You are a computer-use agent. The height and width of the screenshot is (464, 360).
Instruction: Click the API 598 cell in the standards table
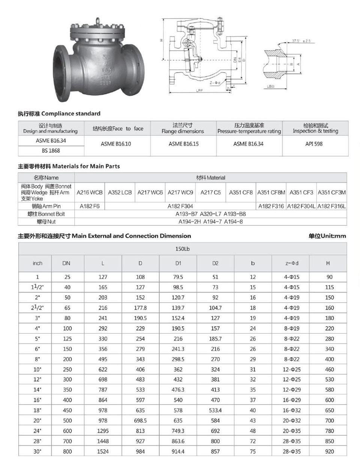(314, 144)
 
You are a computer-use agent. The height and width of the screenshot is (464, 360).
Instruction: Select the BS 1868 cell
(51, 150)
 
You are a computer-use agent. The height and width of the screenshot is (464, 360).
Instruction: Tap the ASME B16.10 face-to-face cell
(116, 144)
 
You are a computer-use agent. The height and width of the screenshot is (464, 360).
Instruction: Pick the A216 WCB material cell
(90, 192)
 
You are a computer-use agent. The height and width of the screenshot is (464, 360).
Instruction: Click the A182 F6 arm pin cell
(90, 206)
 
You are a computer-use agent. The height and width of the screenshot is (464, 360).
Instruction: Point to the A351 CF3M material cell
(331, 192)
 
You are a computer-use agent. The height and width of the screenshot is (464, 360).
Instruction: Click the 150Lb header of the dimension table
(182, 249)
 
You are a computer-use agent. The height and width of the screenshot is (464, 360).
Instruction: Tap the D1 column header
(178, 263)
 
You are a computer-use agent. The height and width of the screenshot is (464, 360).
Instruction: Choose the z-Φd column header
(292, 263)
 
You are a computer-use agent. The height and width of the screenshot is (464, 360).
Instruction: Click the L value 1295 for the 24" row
(103, 431)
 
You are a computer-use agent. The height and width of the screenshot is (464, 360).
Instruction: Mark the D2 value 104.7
(215, 308)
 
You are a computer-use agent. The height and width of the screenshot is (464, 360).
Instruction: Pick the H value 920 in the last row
(329, 451)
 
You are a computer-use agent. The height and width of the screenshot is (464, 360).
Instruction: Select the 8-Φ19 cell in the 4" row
(292, 328)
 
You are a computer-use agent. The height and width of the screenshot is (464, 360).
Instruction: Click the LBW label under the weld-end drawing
(271, 86)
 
